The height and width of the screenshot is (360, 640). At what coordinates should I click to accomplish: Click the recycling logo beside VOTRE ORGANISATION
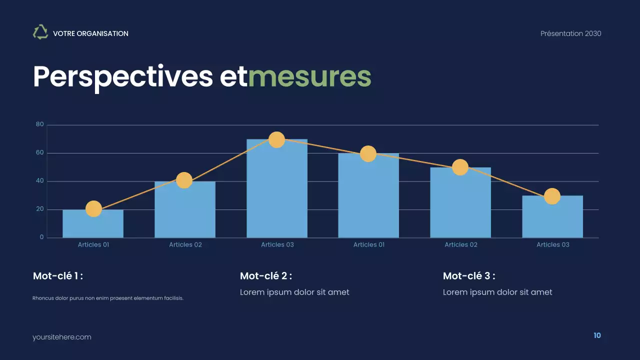[40, 32]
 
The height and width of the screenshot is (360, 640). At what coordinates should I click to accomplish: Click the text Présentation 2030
[570, 33]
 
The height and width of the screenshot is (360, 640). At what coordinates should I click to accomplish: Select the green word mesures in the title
[309, 76]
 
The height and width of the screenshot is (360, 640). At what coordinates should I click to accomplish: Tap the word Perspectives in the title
[123, 76]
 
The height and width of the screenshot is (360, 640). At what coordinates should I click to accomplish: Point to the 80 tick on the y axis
[40, 124]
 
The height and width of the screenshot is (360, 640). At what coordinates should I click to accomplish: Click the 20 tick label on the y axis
[40, 209]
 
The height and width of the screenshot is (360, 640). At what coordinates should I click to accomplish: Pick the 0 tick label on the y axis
[42, 237]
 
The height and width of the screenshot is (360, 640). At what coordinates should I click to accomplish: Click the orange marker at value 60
[368, 153]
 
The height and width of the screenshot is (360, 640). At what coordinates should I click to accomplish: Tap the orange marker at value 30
[552, 196]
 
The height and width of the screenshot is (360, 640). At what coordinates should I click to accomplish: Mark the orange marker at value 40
[184, 180]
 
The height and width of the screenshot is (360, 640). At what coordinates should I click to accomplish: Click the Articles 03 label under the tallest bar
[277, 244]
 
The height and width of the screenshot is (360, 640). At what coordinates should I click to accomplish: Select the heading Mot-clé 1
[58, 276]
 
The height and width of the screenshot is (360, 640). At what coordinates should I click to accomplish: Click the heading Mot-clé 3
[469, 276]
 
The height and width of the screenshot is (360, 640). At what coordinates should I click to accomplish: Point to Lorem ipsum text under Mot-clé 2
[294, 292]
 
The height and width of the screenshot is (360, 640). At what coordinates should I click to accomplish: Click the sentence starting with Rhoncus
[108, 298]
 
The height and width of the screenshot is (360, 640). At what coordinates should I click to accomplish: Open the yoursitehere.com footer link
[62, 337]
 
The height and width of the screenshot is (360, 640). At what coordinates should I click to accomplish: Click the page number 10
[597, 335]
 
